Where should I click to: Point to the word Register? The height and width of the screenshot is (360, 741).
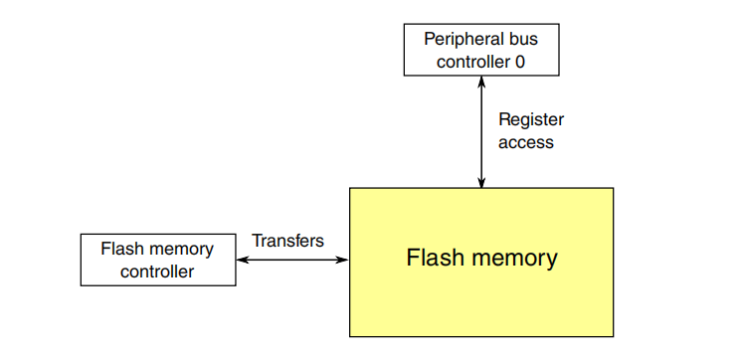[x=531, y=119]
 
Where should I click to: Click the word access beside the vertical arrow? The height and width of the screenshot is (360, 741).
[x=526, y=142]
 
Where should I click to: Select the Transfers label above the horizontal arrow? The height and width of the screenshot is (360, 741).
[x=287, y=241]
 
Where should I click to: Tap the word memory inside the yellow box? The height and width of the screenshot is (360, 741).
[x=512, y=259]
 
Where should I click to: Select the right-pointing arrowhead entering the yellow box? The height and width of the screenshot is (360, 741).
[x=343, y=261]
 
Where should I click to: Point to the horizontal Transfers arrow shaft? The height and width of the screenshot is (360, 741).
[x=293, y=261]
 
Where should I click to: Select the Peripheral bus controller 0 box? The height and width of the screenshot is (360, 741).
[x=481, y=49]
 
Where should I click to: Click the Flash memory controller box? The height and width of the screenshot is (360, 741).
[x=158, y=260]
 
